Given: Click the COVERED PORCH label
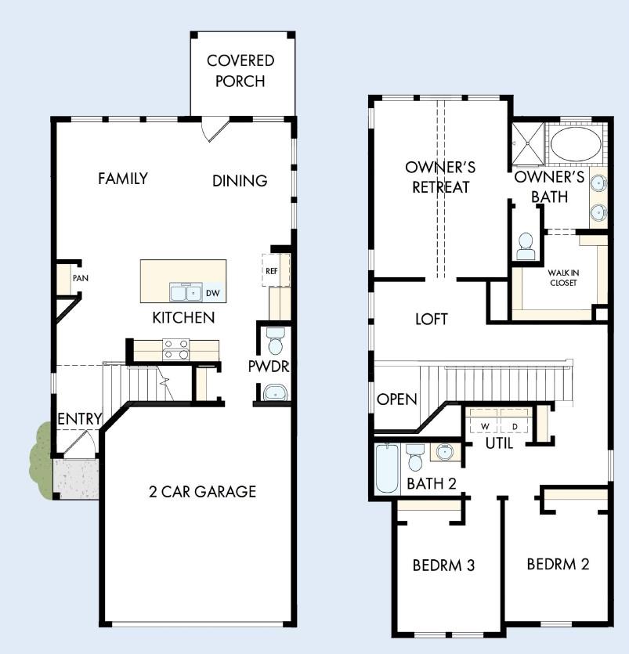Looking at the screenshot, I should [x=240, y=70].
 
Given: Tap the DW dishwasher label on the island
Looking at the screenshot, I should [x=212, y=294].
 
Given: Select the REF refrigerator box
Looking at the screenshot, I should [x=272, y=270].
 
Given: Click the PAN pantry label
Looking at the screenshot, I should [x=79, y=278].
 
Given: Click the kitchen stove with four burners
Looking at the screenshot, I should [x=177, y=349].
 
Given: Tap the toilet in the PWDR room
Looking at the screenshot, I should [x=275, y=341].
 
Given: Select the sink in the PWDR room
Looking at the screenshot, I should [x=275, y=392].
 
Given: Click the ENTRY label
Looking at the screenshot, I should [x=80, y=419].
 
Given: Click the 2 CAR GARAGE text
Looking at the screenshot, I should [x=202, y=492].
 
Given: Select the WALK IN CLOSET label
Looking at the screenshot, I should [x=562, y=277].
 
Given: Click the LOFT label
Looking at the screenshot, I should [x=431, y=319].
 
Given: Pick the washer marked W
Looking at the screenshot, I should [x=485, y=425].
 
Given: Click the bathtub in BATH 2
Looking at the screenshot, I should [x=387, y=468].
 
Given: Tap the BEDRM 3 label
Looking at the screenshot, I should [x=444, y=565].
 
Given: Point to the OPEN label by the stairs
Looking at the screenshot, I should [x=396, y=399].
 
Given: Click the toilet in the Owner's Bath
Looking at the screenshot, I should [x=525, y=245].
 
